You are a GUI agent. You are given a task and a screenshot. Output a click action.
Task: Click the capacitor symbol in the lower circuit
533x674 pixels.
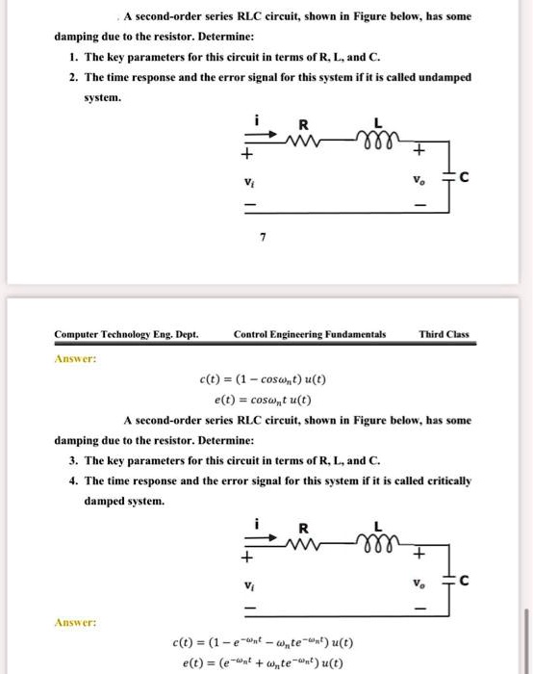[449, 582]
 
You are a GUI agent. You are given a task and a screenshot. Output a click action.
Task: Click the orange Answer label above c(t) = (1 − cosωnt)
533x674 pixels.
[74, 358]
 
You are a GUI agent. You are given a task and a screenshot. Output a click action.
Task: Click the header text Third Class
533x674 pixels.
[444, 335]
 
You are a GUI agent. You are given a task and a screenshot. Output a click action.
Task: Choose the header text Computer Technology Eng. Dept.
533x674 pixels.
[126, 335]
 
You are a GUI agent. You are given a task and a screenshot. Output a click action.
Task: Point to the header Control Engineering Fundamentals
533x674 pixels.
[310, 335]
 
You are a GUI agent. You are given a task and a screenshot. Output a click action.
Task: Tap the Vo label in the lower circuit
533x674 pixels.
[416, 582]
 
